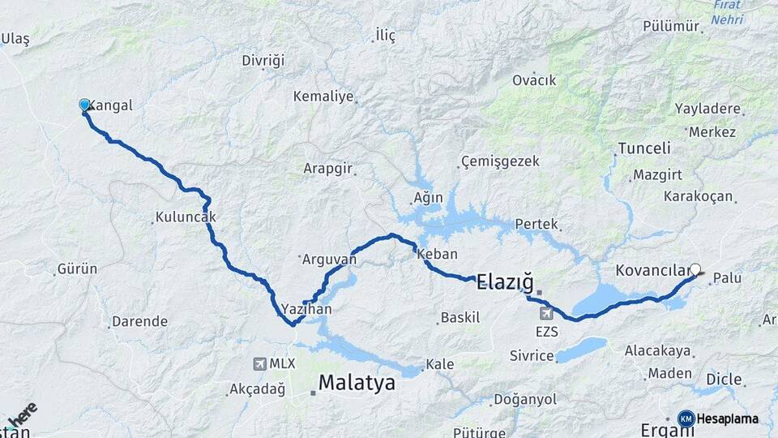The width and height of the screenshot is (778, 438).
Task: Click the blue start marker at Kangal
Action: click(84, 105)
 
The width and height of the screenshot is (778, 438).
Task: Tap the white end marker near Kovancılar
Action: click(695, 268)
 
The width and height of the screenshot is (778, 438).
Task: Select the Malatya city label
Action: click(357, 383)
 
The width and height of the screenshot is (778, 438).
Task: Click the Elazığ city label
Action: click(505, 282)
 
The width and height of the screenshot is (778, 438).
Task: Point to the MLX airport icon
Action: click(260, 363)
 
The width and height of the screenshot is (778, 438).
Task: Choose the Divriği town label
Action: click(263, 61)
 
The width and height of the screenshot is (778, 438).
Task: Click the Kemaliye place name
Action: click(323, 97)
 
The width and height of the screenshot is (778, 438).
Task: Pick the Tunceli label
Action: click(644, 148)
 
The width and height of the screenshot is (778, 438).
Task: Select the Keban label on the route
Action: click(437, 254)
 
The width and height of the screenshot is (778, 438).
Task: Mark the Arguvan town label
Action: click(329, 260)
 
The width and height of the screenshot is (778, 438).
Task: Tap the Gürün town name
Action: click(77, 268)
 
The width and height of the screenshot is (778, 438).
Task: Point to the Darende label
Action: click(139, 321)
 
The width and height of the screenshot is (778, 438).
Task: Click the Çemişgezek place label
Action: click(500, 161)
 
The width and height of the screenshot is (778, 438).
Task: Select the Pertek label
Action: click(538, 223)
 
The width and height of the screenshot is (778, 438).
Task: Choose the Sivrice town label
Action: click(532, 355)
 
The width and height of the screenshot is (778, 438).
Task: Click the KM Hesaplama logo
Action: click(720, 419)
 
